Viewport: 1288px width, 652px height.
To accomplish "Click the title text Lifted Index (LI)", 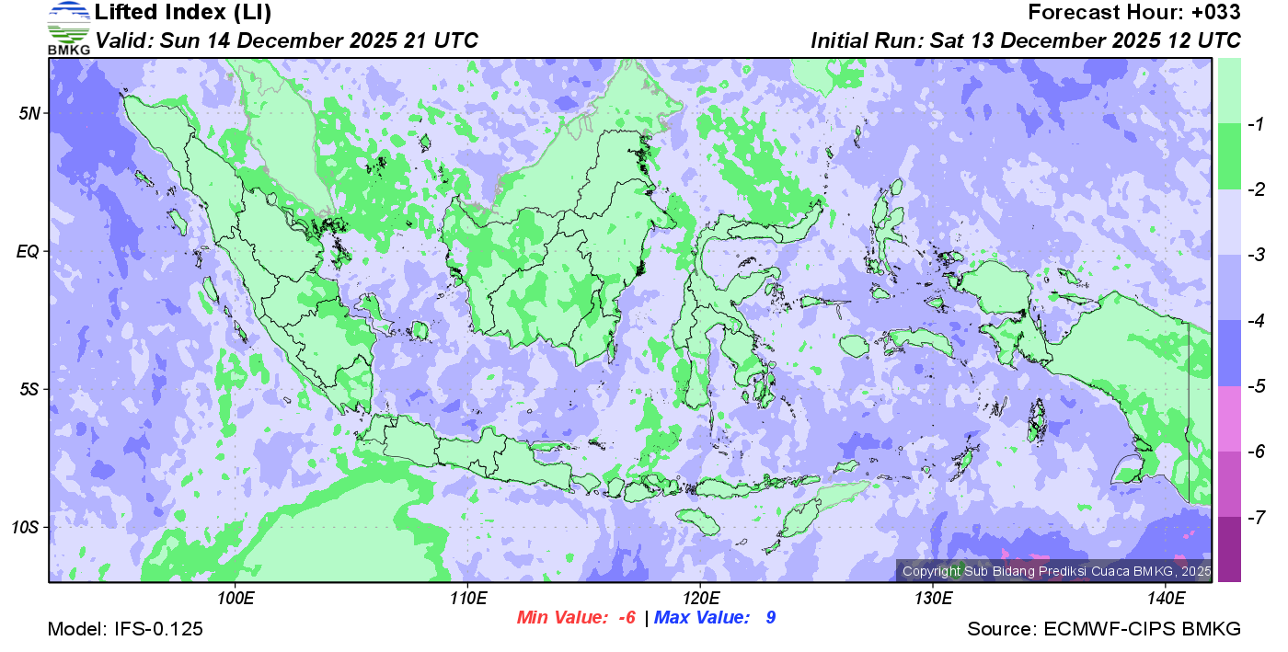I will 183,13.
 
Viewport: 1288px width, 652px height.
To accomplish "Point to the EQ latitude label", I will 29,251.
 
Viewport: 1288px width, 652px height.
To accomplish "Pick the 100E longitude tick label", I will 236,599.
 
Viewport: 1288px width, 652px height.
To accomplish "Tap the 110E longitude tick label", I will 468,599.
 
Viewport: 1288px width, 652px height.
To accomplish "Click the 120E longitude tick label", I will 701,599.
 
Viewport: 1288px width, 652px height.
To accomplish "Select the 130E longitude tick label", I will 933,599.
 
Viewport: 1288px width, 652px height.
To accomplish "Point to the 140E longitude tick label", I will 1166,599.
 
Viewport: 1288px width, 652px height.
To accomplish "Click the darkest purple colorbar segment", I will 1229,549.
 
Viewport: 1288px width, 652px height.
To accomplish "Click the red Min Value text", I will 577,617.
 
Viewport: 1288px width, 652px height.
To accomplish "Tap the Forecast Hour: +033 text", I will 1134,13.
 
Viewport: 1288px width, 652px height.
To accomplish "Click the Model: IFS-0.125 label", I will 125,630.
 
